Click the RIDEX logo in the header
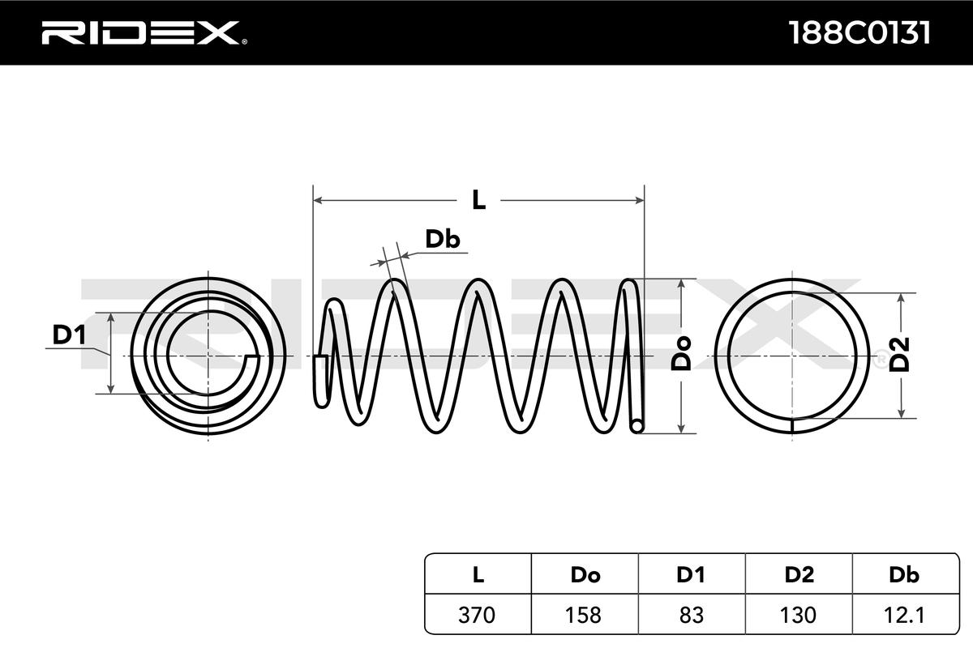point(144,32)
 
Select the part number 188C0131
point(859,33)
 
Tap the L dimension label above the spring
point(478,200)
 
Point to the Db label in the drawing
point(442,239)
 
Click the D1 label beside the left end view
point(69,335)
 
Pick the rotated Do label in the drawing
point(680,353)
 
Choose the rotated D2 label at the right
point(898,355)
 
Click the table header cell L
point(478,574)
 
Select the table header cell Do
point(585,574)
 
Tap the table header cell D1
point(691,574)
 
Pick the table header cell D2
point(799,574)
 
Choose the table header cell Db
point(904,574)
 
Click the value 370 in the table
point(477,615)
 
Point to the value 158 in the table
point(583,615)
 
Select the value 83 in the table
point(691,615)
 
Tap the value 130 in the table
point(798,615)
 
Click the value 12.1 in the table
point(904,615)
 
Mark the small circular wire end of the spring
point(637,426)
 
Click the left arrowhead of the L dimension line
point(318,200)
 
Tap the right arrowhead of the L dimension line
point(640,200)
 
